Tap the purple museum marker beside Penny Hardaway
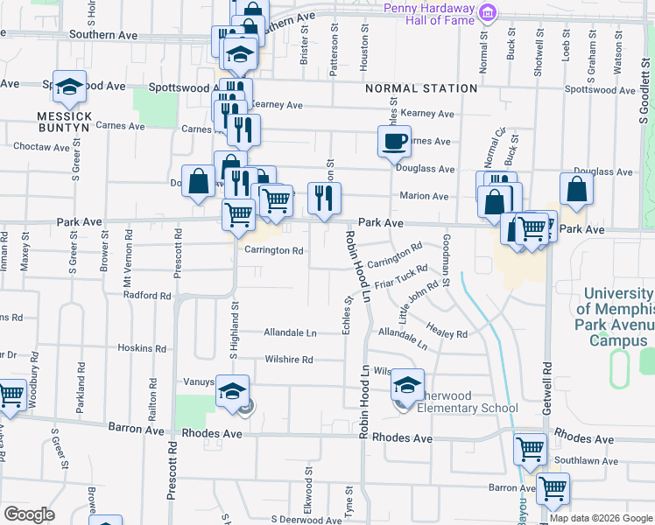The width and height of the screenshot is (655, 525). pos(489,12)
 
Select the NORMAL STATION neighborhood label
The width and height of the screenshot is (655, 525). pos(421,88)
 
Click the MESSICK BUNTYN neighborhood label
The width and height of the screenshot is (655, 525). pos(65,121)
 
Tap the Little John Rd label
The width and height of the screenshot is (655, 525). pos(419,300)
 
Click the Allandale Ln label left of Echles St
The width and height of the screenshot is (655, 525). pos(290,332)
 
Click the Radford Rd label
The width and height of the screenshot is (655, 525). pos(146,296)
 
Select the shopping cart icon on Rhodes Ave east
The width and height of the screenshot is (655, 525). pos(530,448)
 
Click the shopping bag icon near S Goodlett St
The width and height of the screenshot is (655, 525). pos(577,188)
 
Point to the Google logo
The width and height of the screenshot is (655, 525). pos(29,514)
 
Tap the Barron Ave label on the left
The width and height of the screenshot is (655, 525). pos(137,430)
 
